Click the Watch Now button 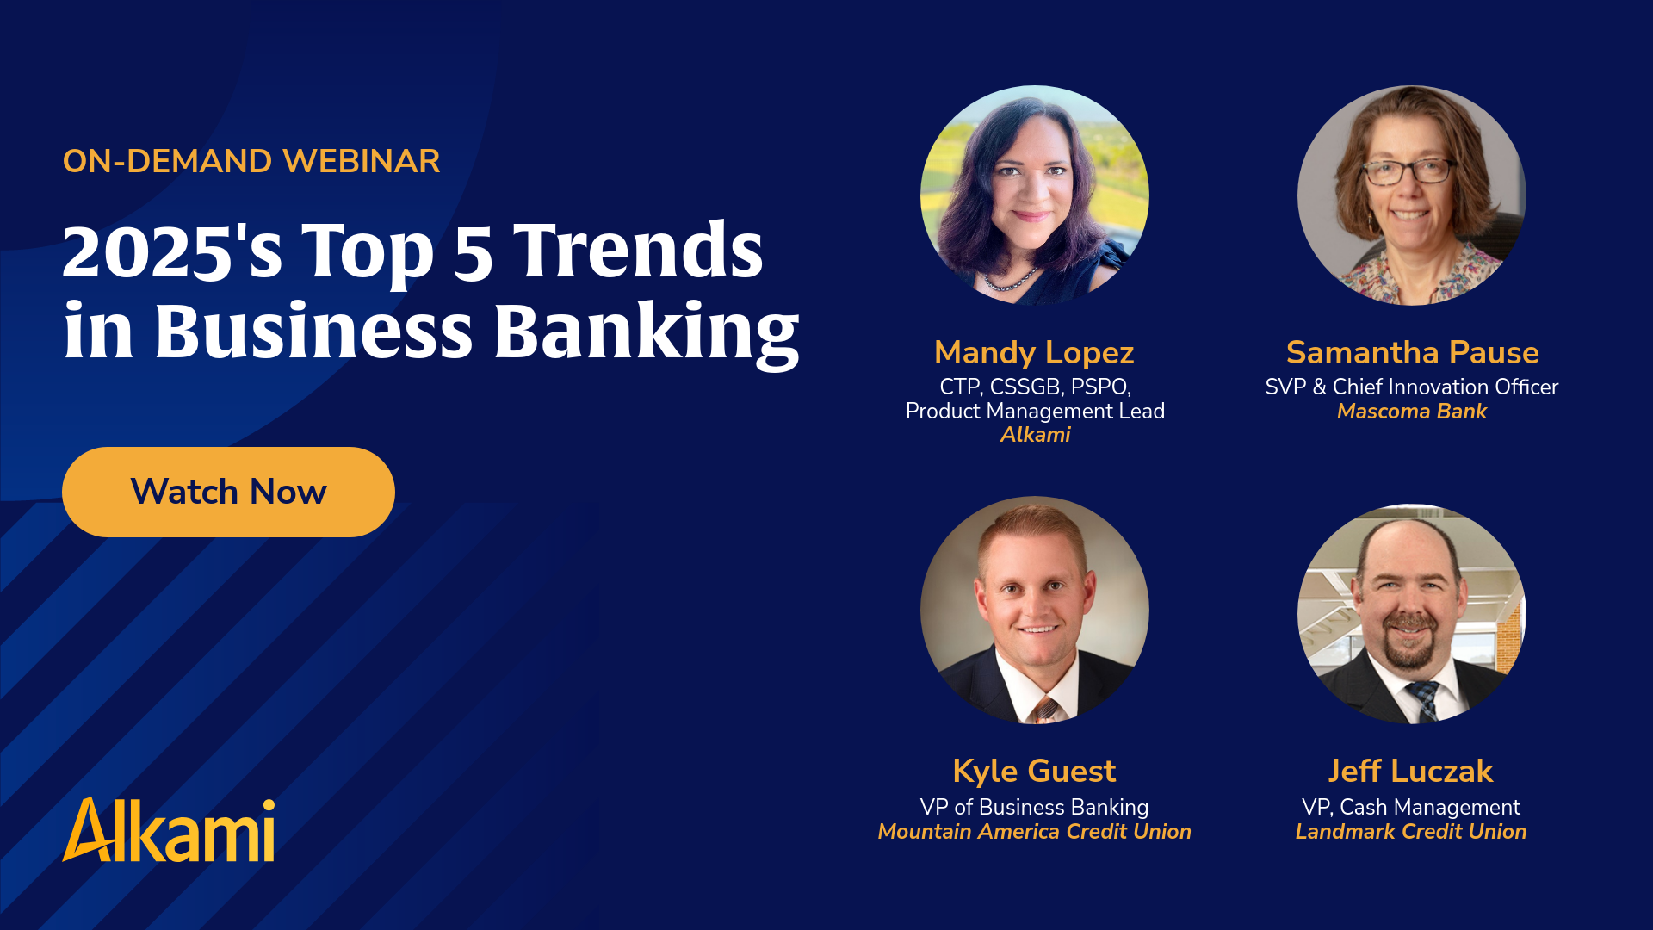click(x=228, y=492)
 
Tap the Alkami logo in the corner click(x=169, y=830)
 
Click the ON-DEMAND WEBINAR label click(x=251, y=161)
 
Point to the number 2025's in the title click(x=172, y=251)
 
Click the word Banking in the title click(x=647, y=332)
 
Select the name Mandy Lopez click(x=1034, y=353)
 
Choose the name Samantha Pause click(x=1412, y=352)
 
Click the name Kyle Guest click(x=1034, y=771)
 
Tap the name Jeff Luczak click(x=1410, y=771)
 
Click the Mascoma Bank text click(x=1412, y=412)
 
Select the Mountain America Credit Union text click(x=1034, y=832)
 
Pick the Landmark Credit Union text click(x=1410, y=832)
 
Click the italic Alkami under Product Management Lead click(x=1035, y=435)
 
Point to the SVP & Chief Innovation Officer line click(x=1412, y=387)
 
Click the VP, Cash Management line click(x=1410, y=808)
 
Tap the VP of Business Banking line click(x=1034, y=808)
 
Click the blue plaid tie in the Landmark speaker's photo click(x=1423, y=700)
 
